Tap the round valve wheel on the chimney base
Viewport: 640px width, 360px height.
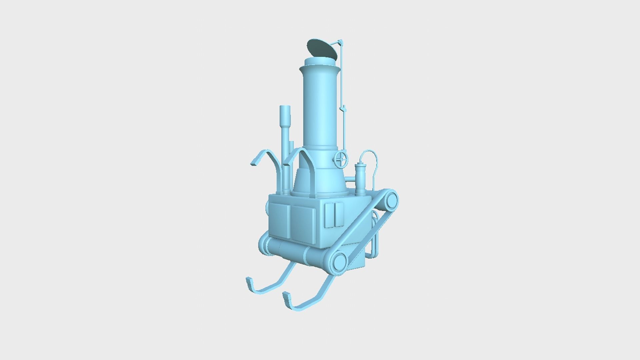tap(340, 160)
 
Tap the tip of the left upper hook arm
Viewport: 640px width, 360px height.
tap(254, 164)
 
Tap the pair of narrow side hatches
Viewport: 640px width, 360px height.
tap(334, 215)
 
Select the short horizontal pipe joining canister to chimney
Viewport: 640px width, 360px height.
tap(351, 180)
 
